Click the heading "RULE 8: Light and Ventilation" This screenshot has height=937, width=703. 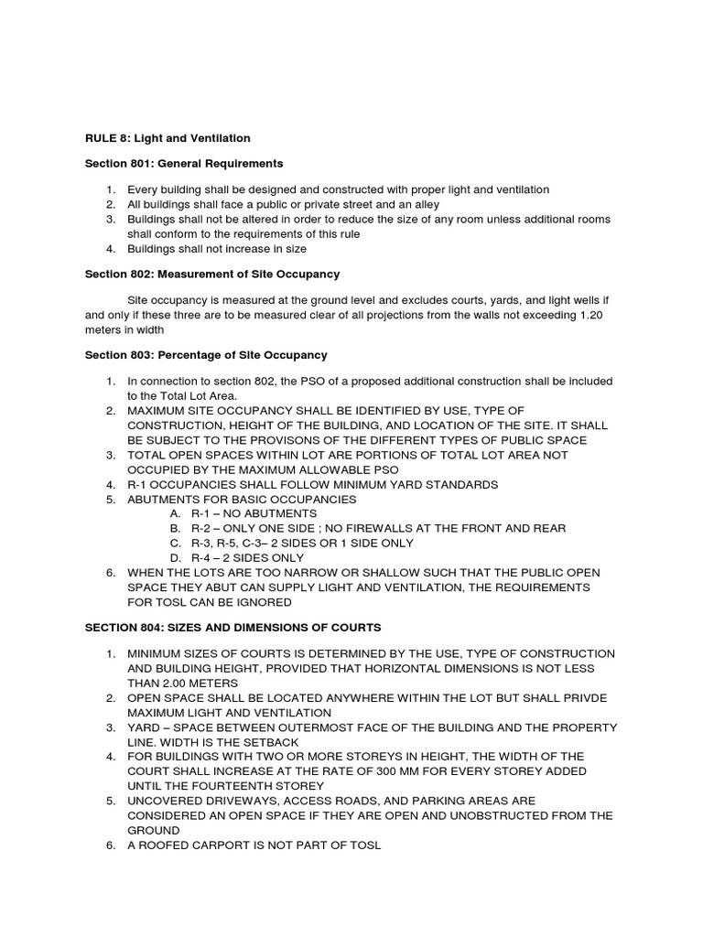click(x=168, y=138)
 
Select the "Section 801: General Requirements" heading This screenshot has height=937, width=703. click(x=184, y=164)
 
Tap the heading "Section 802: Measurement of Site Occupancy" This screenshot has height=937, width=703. click(x=212, y=275)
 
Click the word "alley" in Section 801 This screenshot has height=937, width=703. click(x=425, y=204)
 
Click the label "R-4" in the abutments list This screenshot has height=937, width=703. click(x=201, y=557)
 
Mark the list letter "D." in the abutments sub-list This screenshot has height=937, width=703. click(x=176, y=557)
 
